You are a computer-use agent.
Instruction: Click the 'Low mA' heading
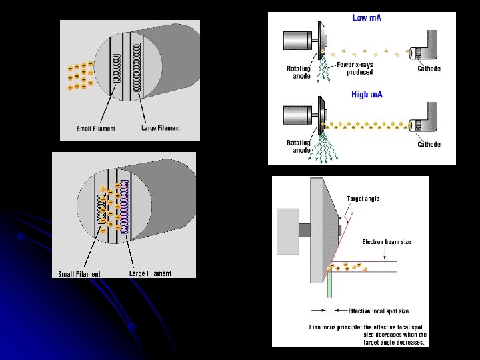pos(367,18)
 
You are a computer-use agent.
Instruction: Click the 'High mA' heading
pos(367,95)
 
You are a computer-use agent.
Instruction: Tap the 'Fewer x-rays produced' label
pos(355,68)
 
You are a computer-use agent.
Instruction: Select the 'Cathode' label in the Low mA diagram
pos(429,69)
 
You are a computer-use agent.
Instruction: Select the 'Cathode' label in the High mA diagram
pos(429,145)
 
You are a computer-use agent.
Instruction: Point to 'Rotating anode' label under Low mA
pos(298,71)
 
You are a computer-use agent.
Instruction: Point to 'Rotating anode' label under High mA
pos(298,147)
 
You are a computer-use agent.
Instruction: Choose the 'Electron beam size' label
pos(387,241)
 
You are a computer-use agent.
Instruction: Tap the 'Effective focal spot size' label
pos(378,311)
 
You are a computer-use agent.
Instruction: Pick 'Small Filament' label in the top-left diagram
pos(96,129)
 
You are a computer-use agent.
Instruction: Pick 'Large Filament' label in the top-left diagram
pos(161,128)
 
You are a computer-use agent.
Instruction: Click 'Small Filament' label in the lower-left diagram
pos(79,273)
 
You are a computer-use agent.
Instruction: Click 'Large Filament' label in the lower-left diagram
pos(150,273)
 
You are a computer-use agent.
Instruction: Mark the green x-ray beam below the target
pos(329,283)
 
